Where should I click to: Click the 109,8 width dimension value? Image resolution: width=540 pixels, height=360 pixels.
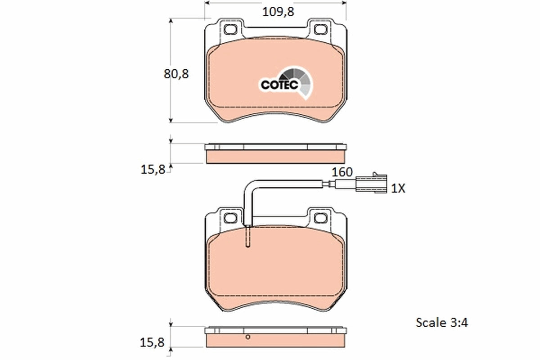click(x=278, y=12)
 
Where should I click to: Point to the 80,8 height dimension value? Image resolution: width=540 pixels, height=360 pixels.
click(x=176, y=74)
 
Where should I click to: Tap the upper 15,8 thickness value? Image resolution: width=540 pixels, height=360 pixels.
click(x=153, y=170)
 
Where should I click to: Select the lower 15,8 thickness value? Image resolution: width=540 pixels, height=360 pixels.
click(x=152, y=342)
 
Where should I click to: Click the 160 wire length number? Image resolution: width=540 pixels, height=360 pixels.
click(x=342, y=172)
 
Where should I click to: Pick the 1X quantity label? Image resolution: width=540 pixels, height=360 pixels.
click(x=398, y=188)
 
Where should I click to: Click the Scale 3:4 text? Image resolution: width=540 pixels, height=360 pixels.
click(x=441, y=322)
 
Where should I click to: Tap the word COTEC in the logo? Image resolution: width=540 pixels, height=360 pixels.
click(x=279, y=85)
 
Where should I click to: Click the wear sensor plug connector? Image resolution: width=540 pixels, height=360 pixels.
click(x=371, y=183)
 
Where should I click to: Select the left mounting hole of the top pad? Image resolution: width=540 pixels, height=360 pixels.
click(x=230, y=29)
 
